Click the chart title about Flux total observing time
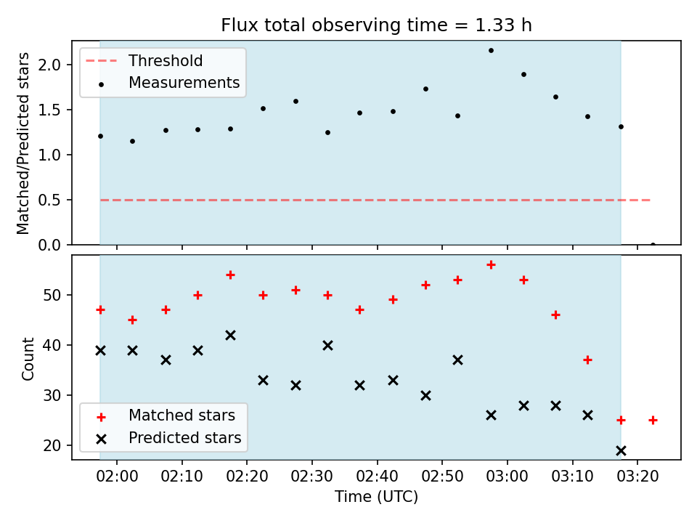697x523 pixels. (376, 25)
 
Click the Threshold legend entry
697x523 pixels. (143, 60)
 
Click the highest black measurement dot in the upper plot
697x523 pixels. (492, 51)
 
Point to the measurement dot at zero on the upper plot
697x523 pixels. (653, 245)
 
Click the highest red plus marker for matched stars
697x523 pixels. (492, 265)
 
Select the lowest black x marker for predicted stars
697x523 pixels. (621, 451)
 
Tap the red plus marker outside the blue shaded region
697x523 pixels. (653, 421)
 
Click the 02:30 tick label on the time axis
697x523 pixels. (311, 477)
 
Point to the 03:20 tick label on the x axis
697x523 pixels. (637, 477)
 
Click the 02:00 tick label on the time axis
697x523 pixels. (117, 477)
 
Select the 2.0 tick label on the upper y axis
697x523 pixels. (49, 65)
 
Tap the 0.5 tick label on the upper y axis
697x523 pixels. (49, 200)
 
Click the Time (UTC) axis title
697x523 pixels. (376, 497)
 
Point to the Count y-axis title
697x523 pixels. (28, 358)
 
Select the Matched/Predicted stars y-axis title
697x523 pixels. (23, 143)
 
